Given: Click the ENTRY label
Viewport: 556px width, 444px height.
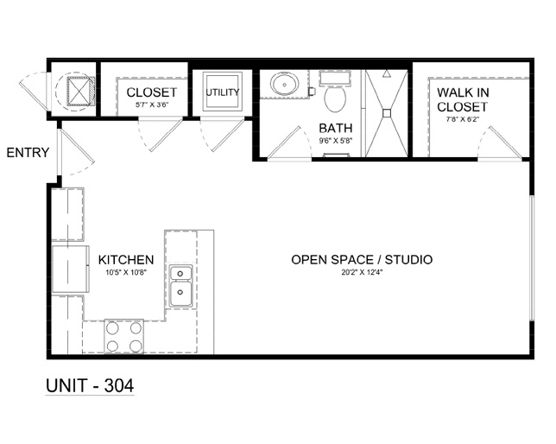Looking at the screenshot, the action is click(x=28, y=153).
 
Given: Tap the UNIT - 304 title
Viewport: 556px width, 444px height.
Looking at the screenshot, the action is click(x=90, y=385).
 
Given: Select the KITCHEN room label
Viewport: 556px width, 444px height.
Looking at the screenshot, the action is click(x=126, y=260).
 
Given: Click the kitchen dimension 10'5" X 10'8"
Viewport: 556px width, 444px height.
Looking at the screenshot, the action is click(x=126, y=273).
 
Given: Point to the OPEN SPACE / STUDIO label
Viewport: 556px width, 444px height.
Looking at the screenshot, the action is click(x=362, y=259).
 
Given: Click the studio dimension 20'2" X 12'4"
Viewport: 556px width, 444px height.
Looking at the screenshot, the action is click(x=362, y=273).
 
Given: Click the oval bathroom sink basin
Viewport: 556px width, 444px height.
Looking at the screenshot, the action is click(x=284, y=84).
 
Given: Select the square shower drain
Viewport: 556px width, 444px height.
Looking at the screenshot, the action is click(x=387, y=113).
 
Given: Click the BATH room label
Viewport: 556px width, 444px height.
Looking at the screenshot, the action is click(x=336, y=128).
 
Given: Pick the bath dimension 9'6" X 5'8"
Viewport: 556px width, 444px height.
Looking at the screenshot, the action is click(x=336, y=141).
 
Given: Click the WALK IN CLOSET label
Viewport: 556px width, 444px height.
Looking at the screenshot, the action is click(x=463, y=99).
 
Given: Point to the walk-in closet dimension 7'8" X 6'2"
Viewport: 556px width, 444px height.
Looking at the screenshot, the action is click(x=463, y=119).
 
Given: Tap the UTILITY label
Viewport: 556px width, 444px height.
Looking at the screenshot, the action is click(x=223, y=92).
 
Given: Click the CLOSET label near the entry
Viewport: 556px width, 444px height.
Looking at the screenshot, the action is click(x=151, y=92).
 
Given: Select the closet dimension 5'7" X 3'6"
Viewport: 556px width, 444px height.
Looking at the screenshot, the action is click(x=151, y=105).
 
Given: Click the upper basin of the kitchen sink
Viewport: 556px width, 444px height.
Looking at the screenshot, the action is click(x=180, y=273).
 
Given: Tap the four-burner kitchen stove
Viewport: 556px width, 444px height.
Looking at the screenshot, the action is click(x=123, y=336).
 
